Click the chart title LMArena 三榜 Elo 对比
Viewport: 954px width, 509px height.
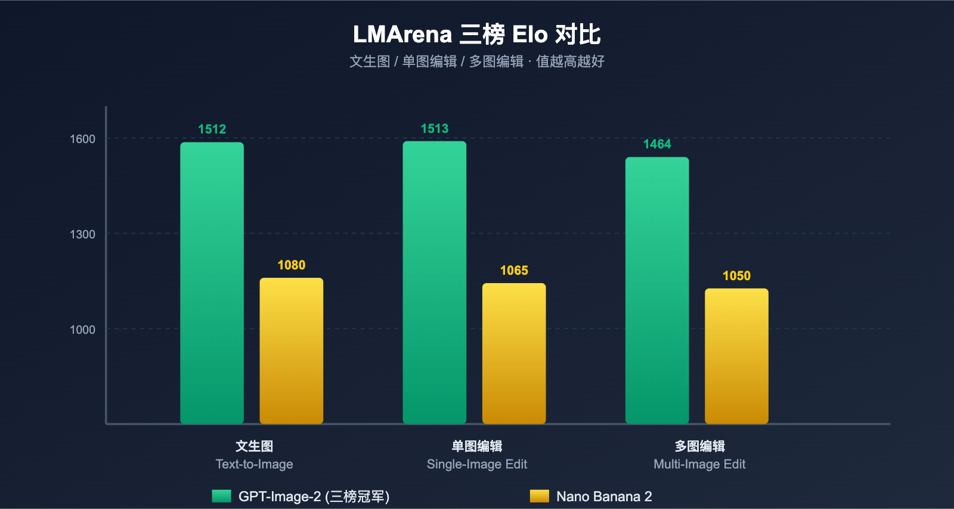[476, 35]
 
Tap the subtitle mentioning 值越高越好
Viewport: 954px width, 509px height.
[476, 61]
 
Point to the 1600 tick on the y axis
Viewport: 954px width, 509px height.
[82, 139]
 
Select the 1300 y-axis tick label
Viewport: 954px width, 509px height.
[82, 234]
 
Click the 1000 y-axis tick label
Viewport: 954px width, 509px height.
[82, 330]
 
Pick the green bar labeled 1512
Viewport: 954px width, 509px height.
[212, 283]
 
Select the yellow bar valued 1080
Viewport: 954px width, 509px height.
[291, 351]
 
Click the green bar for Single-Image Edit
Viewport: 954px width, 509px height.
[434, 283]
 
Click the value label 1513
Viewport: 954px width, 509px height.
[434, 129]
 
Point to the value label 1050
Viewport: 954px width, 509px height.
[736, 276]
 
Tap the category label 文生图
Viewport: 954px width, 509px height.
[254, 446]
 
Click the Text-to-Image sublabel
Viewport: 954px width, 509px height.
[254, 464]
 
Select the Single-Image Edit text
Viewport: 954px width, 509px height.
[476, 464]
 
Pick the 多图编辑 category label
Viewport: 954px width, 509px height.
[699, 446]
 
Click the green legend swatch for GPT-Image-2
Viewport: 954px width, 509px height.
[221, 496]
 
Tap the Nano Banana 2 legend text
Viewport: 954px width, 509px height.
[603, 496]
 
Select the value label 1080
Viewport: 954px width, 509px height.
[291, 265]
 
